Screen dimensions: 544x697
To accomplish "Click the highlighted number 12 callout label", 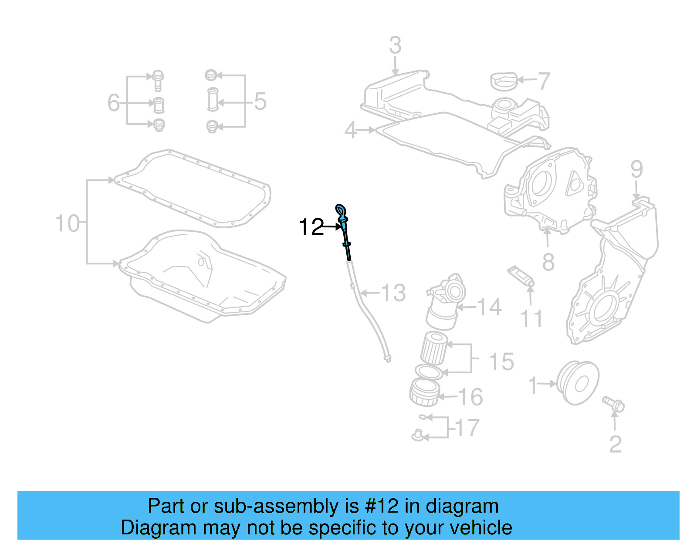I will point(311,227).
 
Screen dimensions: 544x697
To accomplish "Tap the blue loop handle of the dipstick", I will point(341,211).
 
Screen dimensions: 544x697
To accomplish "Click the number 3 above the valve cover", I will point(395,45).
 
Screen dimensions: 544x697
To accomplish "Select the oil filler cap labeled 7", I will point(504,81).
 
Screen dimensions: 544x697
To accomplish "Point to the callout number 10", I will point(68,223).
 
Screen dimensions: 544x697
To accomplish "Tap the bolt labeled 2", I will point(613,404).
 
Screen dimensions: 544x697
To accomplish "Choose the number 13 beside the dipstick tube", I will point(393,293).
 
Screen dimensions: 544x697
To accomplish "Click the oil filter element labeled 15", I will point(434,348).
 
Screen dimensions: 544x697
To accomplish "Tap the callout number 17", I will point(467,428).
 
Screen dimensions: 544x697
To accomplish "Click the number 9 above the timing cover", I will point(636,169).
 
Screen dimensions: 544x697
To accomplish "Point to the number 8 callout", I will point(548,262).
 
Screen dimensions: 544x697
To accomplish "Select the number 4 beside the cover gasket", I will point(351,130).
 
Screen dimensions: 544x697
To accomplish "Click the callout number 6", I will point(113,103).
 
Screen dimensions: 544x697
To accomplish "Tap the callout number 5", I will point(260,101).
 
